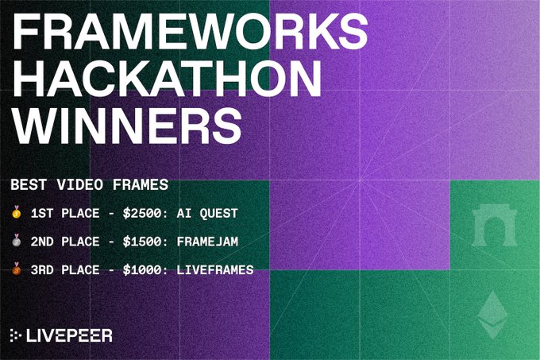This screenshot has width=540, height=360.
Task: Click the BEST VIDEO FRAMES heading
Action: click(90, 185)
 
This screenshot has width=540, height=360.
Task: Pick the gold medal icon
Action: click(17, 213)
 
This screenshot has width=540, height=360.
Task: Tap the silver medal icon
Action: click(17, 242)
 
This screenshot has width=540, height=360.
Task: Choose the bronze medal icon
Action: click(17, 270)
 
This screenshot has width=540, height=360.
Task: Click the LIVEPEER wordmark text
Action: click(69, 335)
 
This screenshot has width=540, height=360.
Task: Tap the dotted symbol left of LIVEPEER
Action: click(16, 335)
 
